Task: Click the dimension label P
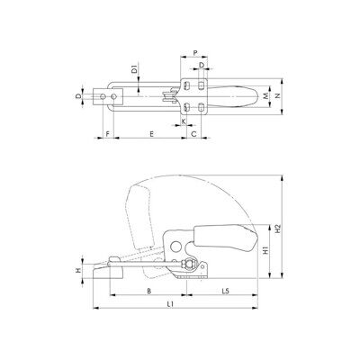point(195,53)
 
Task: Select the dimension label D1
point(135,68)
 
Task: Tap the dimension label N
point(277,96)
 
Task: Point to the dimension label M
point(265,96)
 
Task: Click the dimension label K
point(184,121)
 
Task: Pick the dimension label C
point(193,134)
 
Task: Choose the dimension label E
point(152,134)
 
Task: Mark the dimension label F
point(108,134)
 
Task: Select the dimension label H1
point(265,250)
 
